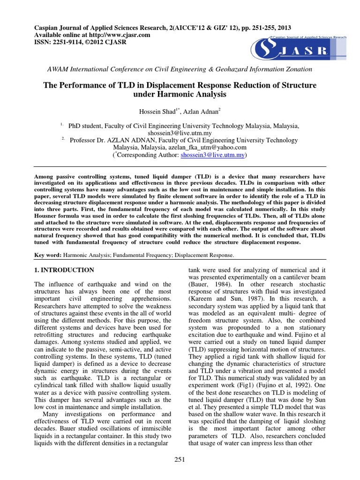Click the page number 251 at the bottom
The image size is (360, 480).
click(180, 460)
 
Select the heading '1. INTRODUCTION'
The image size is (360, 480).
click(65, 270)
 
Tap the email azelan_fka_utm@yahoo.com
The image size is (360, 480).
click(210, 147)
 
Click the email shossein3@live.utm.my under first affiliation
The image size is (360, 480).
click(180, 133)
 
